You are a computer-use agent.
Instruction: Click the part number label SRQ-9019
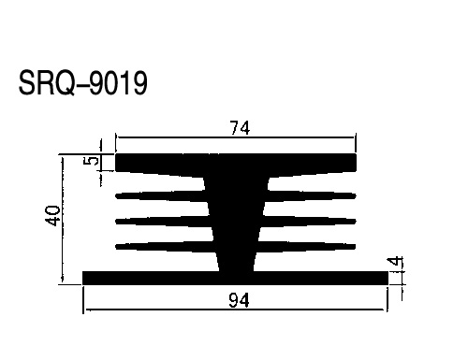[x=82, y=82]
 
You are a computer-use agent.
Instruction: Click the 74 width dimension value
[x=240, y=128]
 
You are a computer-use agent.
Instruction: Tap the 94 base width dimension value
[x=239, y=300]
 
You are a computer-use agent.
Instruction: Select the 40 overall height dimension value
[x=52, y=215]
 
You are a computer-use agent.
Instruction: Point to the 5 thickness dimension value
[x=92, y=161]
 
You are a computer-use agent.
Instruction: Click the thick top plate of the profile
[x=236, y=162]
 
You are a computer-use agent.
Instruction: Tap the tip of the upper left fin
[x=116, y=196]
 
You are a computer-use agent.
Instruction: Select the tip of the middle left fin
[x=116, y=222]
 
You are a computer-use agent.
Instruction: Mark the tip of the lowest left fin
[x=116, y=247]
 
